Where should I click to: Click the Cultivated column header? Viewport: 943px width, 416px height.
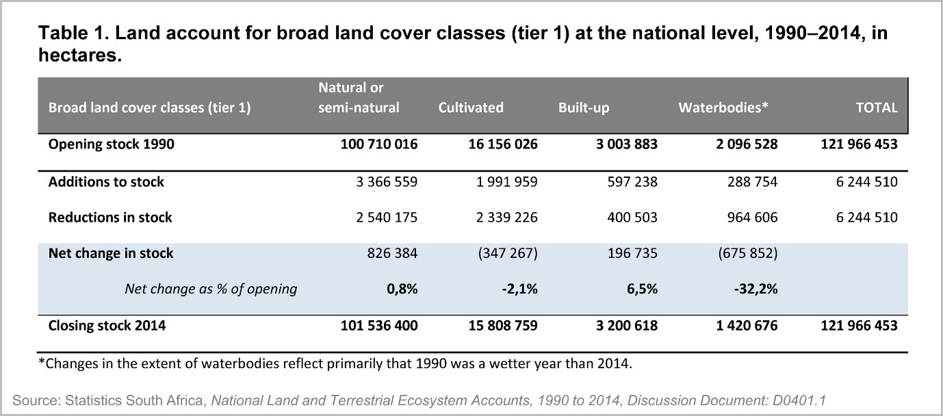[x=471, y=107]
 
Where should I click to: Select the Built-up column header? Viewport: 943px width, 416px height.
[x=584, y=107]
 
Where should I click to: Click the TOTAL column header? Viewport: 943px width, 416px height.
[x=877, y=107]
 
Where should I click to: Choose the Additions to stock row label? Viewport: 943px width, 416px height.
[x=106, y=182]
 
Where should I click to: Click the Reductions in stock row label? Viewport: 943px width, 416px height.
[x=110, y=218]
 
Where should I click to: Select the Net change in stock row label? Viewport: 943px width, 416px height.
[x=111, y=253]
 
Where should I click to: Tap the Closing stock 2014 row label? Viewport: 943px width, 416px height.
[x=107, y=326]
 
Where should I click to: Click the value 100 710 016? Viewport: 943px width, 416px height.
[x=378, y=144]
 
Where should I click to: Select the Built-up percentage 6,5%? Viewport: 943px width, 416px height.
[x=641, y=289]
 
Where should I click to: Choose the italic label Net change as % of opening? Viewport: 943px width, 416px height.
[x=211, y=289]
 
